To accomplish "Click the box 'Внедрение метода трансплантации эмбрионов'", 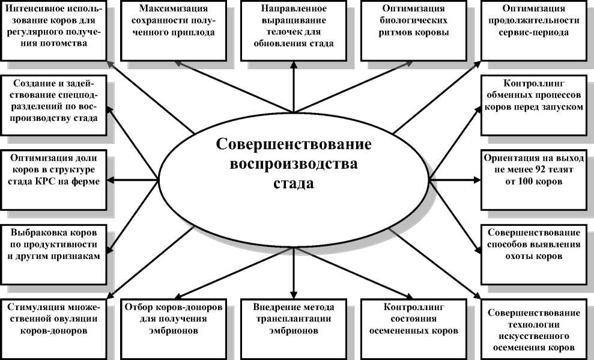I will click(x=294, y=325).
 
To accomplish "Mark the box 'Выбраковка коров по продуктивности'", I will click(x=55, y=243).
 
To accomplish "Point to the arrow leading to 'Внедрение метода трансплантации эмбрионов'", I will click(x=294, y=270).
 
